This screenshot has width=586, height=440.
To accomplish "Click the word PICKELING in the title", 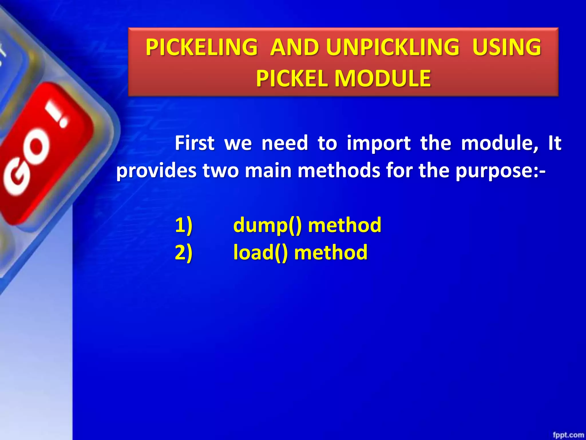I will tap(201, 47).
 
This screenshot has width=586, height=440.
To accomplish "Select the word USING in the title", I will tap(506, 47).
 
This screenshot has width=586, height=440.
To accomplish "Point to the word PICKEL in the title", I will tap(292, 78).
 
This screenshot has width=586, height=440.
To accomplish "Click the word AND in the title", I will tap(294, 47).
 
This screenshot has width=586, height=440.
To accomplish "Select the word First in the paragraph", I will tap(195, 143).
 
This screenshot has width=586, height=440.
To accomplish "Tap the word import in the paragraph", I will tap(379, 143).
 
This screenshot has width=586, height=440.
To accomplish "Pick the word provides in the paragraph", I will tap(156, 171).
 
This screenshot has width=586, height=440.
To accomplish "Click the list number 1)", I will tap(183, 225).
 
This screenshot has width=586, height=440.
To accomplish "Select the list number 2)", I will tap(183, 252).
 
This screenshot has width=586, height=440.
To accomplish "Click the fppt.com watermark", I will tap(568, 435).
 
